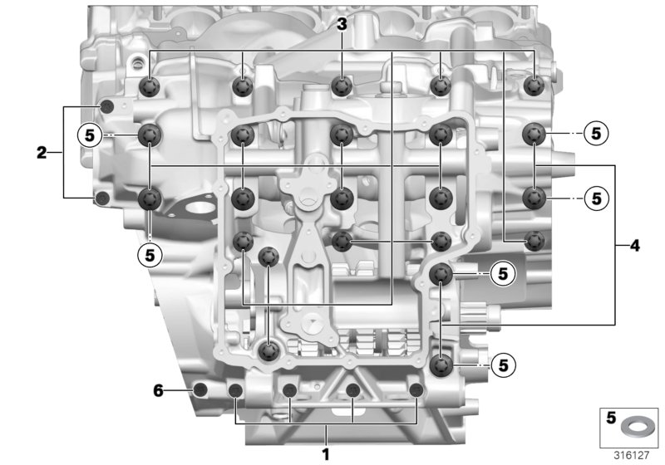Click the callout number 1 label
coord(325,454)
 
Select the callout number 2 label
coord(41,153)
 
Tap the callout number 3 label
coord(342,25)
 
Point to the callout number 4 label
coord(634,245)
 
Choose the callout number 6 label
coord(158,390)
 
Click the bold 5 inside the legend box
coord(611,418)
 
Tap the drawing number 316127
coord(632,455)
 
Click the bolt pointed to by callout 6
coord(199,390)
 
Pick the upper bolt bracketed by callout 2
coord(106,107)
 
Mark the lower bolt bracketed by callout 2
coord(102,198)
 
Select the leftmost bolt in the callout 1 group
coord(235,390)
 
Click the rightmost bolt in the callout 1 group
coord(416,390)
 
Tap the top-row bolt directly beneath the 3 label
coord(342,86)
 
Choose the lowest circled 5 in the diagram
coord(504,365)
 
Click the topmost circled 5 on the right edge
coord(596,134)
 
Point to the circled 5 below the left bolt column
coord(150,255)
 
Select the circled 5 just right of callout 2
coord(90,135)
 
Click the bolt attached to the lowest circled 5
coord(441,365)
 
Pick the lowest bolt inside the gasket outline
coord(268,350)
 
